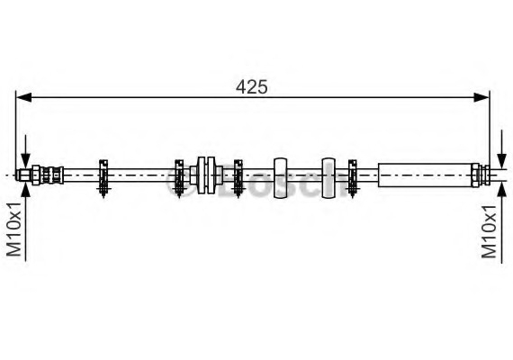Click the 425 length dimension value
pos(252,87)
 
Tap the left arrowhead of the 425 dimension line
pos(23,97)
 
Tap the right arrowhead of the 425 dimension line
pos(481,97)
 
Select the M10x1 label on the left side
pos(14,229)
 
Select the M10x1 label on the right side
pos(489,231)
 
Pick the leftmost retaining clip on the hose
pos(103,178)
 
